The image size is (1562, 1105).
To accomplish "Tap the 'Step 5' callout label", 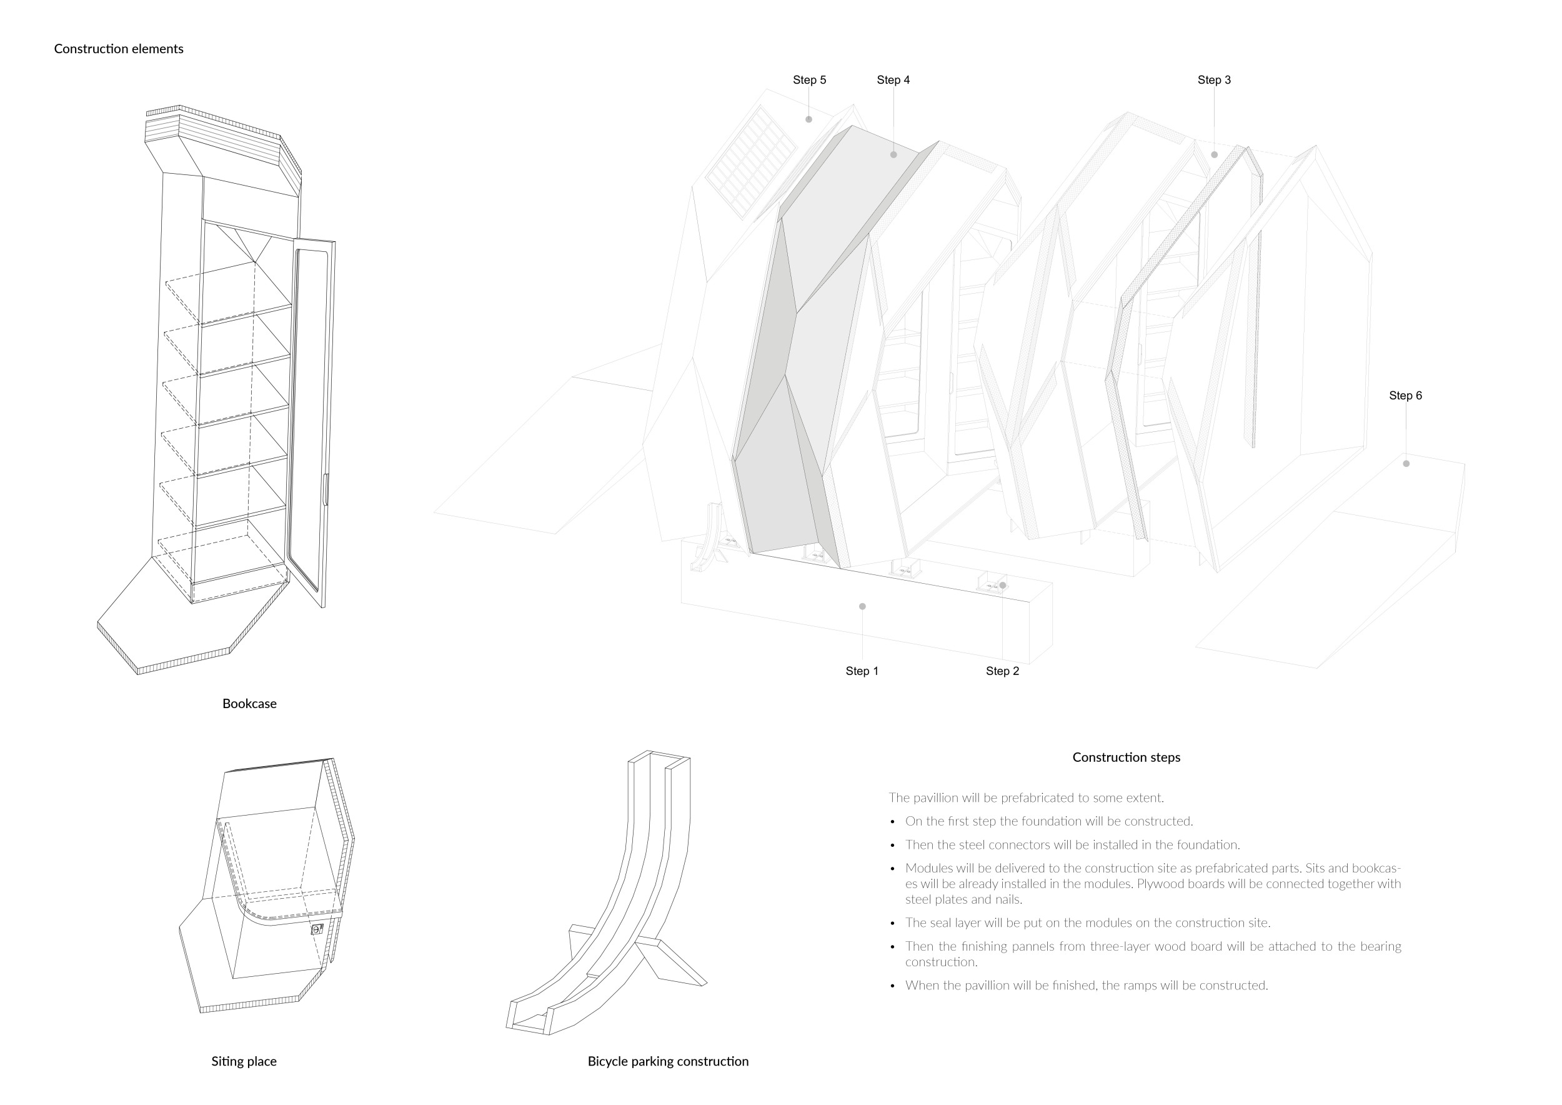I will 809,80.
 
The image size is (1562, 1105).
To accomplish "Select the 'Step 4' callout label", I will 893,80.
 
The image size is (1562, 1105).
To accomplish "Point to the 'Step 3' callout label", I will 1214,80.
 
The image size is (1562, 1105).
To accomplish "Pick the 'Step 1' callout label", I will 862,672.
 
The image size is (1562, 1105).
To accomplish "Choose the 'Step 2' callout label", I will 1002,672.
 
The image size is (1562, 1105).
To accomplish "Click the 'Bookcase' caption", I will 249,704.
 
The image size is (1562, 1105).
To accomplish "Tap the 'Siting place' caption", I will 244,1061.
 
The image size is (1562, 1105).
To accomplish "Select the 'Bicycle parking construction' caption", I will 667,1061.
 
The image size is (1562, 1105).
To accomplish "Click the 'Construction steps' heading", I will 1126,757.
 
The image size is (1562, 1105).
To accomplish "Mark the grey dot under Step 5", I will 809,120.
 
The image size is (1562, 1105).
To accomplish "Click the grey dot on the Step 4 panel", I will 893,155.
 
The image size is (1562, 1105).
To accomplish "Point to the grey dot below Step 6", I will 1406,464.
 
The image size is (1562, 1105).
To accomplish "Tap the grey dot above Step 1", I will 862,606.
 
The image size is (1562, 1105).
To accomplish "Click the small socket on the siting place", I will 316,929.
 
